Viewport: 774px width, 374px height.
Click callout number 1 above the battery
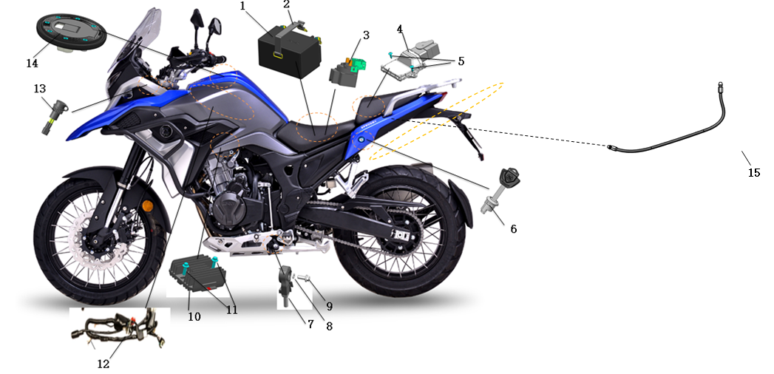coord(242,6)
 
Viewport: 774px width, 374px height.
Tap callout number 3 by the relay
coord(365,35)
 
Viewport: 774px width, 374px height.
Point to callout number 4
coord(400,30)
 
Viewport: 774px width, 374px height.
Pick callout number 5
coord(461,61)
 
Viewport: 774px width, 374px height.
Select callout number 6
coord(512,229)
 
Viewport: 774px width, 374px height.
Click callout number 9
coord(329,305)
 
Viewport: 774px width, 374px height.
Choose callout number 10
coord(194,316)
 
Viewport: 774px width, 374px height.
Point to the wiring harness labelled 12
coord(118,333)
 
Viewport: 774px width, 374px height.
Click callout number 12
coord(103,364)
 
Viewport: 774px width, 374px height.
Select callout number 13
coord(39,89)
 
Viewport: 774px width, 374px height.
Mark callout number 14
coord(32,64)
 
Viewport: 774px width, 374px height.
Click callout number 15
coord(753,173)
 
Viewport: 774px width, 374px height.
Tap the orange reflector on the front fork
coord(147,205)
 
